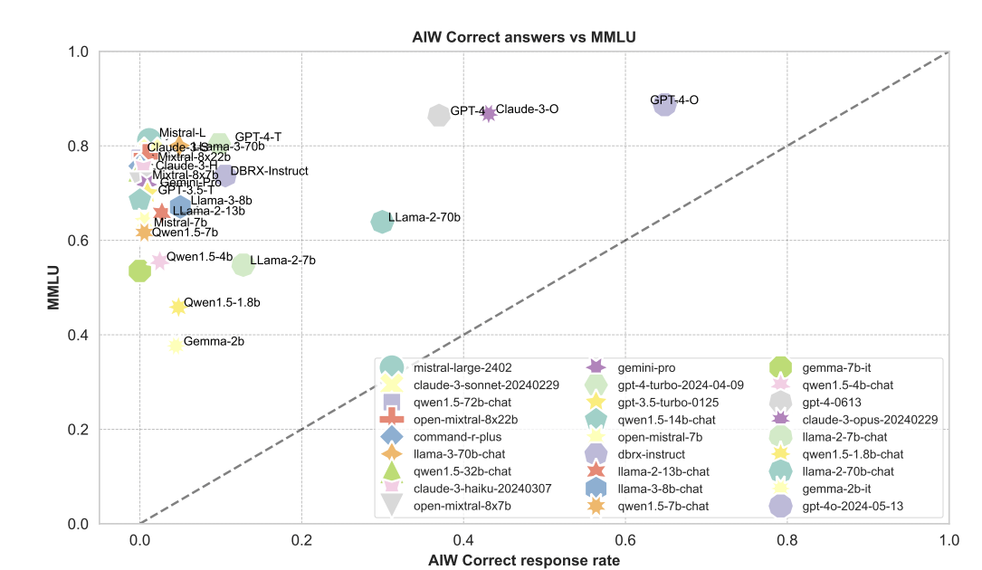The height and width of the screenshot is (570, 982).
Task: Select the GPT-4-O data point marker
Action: pyautogui.click(x=665, y=103)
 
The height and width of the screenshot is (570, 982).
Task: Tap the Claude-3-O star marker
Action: pyautogui.click(x=489, y=113)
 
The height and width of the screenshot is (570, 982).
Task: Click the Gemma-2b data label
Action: pyautogui.click(x=214, y=342)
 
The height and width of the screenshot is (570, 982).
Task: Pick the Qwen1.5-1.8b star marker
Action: pyautogui.click(x=178, y=307)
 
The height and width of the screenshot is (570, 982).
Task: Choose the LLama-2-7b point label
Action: pyautogui.click(x=282, y=261)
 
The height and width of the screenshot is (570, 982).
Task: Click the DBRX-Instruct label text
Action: pyautogui.click(x=269, y=171)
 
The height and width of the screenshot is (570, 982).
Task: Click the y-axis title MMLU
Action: pyautogui.click(x=54, y=287)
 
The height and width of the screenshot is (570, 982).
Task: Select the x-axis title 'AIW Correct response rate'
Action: pyautogui.click(x=524, y=561)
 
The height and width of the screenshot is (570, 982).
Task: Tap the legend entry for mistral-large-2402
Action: pyautogui.click(x=462, y=367)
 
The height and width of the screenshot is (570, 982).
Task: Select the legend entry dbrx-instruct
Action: pyautogui.click(x=663, y=454)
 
